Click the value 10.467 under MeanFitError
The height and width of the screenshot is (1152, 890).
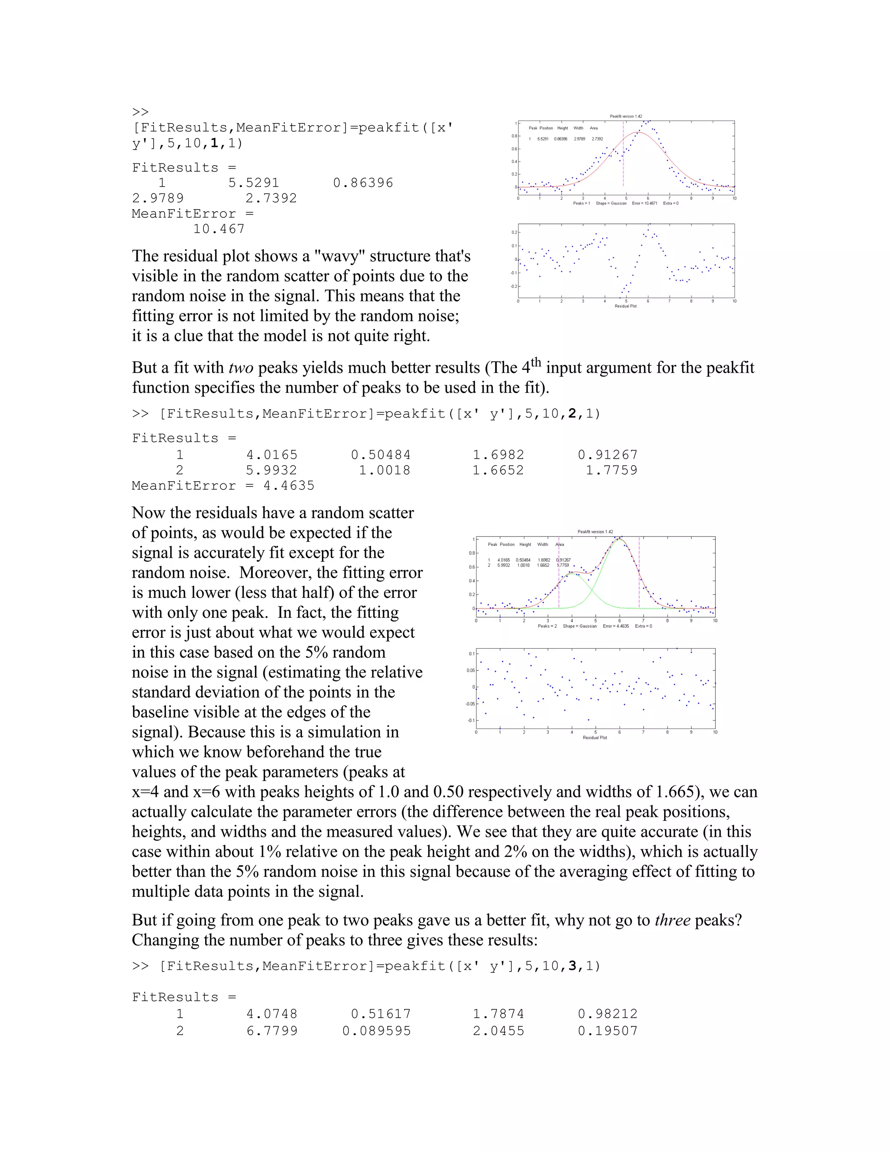coord(219,229)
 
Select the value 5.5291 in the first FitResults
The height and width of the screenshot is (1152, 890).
coord(254,183)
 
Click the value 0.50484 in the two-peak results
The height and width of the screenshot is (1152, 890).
coord(381,455)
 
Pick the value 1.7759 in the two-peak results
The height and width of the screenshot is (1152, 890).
coord(611,470)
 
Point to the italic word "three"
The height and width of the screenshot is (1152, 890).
coord(672,920)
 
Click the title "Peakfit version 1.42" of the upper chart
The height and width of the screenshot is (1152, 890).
coord(626,116)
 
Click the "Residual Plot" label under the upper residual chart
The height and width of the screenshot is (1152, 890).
coord(625,306)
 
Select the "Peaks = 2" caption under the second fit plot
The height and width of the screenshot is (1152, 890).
coord(547,626)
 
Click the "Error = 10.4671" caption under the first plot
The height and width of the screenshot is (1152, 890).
coord(644,203)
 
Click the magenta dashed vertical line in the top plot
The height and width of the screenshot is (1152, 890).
coord(623,158)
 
